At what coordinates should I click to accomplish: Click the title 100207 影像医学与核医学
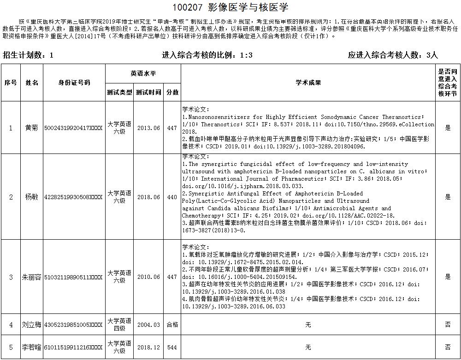(230, 7)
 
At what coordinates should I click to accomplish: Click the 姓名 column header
(32, 83)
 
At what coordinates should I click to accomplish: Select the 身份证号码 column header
(74, 83)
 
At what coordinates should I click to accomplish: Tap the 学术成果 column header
(308, 83)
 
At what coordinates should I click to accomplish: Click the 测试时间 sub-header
(148, 92)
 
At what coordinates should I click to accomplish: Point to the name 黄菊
(32, 128)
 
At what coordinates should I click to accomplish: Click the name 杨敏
(32, 197)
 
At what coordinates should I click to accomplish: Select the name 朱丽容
(32, 277)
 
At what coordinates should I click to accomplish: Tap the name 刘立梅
(32, 325)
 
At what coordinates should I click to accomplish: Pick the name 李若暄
(32, 347)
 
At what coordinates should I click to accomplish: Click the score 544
(172, 347)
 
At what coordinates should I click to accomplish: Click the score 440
(172, 197)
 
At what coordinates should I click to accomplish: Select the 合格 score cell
(172, 325)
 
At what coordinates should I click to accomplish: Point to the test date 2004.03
(148, 325)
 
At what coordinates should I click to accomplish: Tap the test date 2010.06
(148, 277)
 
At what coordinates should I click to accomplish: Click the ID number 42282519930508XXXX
(74, 197)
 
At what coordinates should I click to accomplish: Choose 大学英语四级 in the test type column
(119, 325)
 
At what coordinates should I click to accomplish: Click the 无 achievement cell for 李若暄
(308, 347)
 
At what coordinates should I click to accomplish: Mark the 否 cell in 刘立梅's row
(447, 325)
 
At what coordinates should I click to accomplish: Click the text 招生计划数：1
(29, 55)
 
